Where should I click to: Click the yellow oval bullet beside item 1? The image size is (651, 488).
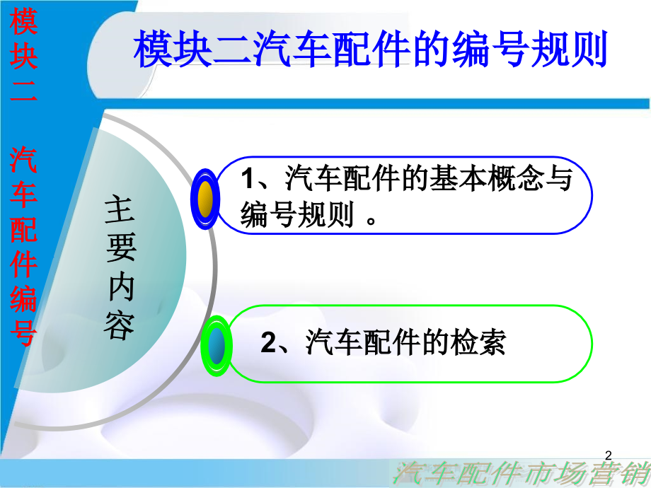coord(205,199)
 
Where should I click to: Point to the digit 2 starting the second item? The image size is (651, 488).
coord(268,344)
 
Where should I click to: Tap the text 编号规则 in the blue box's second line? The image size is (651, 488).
coord(297,215)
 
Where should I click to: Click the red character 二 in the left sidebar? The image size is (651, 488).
coord(23,99)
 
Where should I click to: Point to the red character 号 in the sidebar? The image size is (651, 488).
coord(23,332)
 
